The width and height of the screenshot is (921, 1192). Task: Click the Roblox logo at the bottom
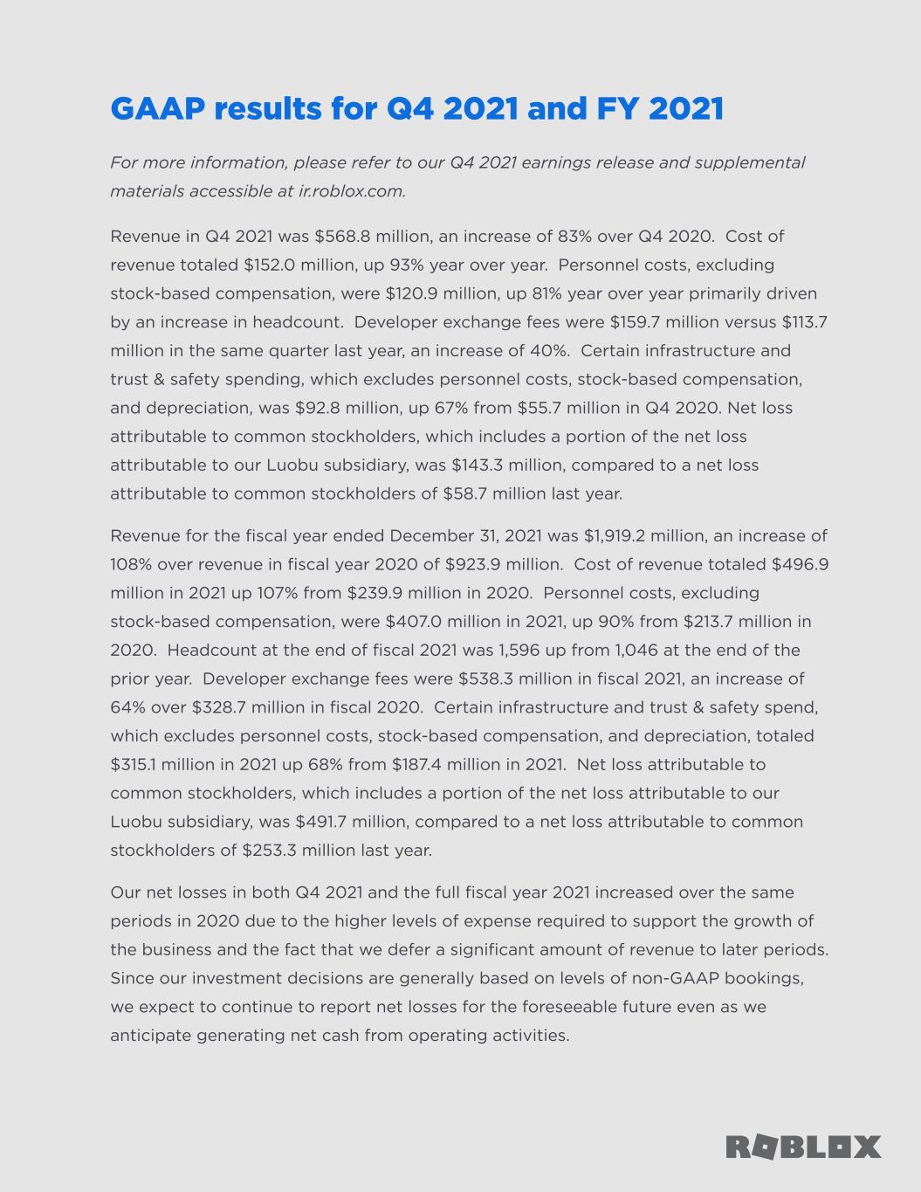click(x=803, y=1147)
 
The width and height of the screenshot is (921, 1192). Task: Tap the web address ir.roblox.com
click(x=352, y=191)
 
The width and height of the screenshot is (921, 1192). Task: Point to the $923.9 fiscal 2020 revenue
click(x=474, y=564)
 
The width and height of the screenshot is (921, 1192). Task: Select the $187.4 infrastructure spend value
click(x=420, y=765)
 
